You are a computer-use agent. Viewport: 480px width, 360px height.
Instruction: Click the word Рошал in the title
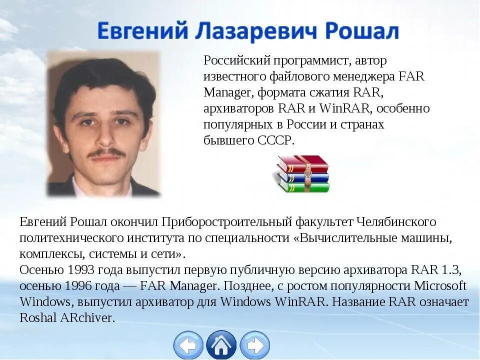coord(362,32)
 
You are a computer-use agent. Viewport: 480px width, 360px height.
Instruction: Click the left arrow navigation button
coord(188,345)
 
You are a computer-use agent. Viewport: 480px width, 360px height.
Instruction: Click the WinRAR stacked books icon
coord(302,173)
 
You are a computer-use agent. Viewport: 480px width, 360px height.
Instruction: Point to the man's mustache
coord(106,153)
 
